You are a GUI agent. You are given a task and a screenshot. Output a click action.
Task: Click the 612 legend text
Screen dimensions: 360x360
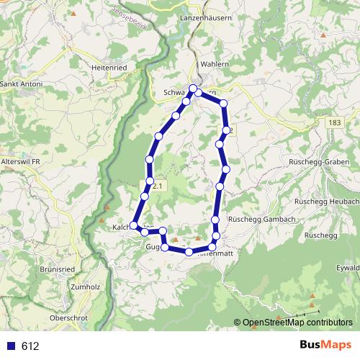tap(30, 346)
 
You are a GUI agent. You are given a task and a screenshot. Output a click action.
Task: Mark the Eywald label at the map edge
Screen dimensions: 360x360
tap(347, 266)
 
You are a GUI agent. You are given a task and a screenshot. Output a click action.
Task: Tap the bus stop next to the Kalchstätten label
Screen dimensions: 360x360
tap(134, 225)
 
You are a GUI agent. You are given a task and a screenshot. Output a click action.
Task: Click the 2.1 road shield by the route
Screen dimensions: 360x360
tap(158, 186)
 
